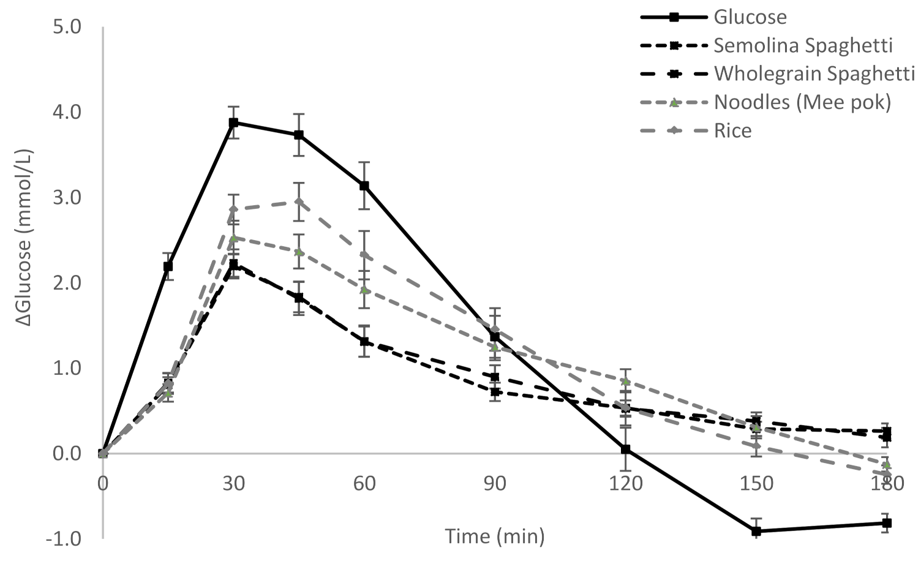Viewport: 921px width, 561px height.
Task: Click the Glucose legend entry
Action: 750,17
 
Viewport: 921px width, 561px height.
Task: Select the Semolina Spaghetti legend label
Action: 803,45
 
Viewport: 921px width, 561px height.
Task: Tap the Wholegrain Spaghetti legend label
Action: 814,73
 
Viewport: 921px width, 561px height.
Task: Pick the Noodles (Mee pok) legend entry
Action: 802,102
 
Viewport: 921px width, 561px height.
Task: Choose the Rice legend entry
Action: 732,130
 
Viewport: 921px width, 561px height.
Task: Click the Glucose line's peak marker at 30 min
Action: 233,122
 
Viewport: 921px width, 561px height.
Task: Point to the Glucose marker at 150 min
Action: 756,531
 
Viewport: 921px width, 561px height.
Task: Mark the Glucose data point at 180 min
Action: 886,523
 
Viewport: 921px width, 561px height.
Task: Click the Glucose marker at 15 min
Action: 168,266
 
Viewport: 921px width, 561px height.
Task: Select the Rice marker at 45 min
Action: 299,201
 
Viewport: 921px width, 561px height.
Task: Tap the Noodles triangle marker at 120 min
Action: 625,382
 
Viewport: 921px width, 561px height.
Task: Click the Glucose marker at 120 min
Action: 625,449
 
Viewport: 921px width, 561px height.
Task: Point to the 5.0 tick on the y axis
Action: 67,28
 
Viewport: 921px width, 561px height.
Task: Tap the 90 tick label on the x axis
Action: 495,484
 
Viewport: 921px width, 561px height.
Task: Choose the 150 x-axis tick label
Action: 756,484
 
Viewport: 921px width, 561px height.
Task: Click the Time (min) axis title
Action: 495,537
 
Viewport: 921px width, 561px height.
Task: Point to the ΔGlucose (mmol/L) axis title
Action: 26,239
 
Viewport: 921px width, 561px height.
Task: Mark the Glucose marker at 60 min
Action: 364,186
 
